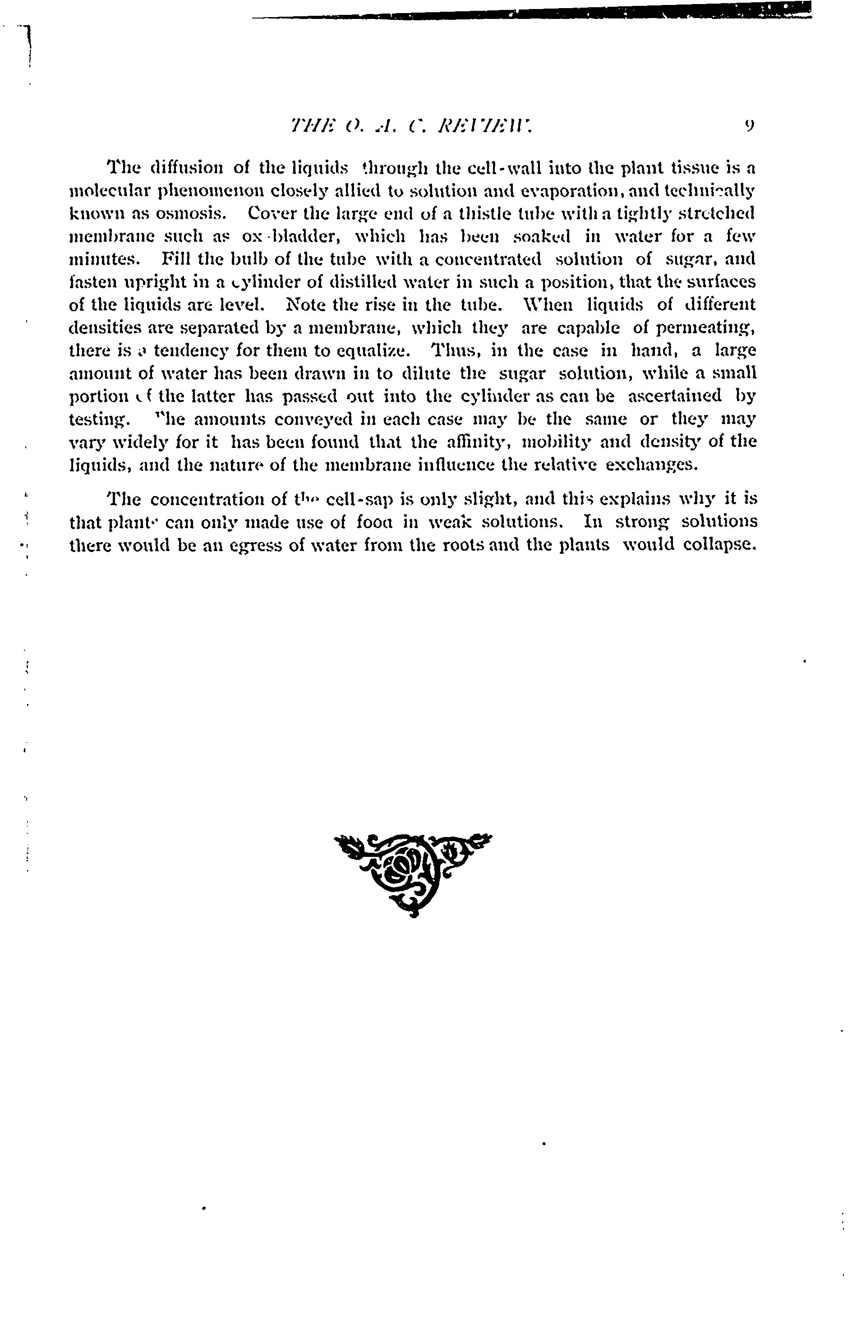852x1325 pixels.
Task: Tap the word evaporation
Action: [540, 191]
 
